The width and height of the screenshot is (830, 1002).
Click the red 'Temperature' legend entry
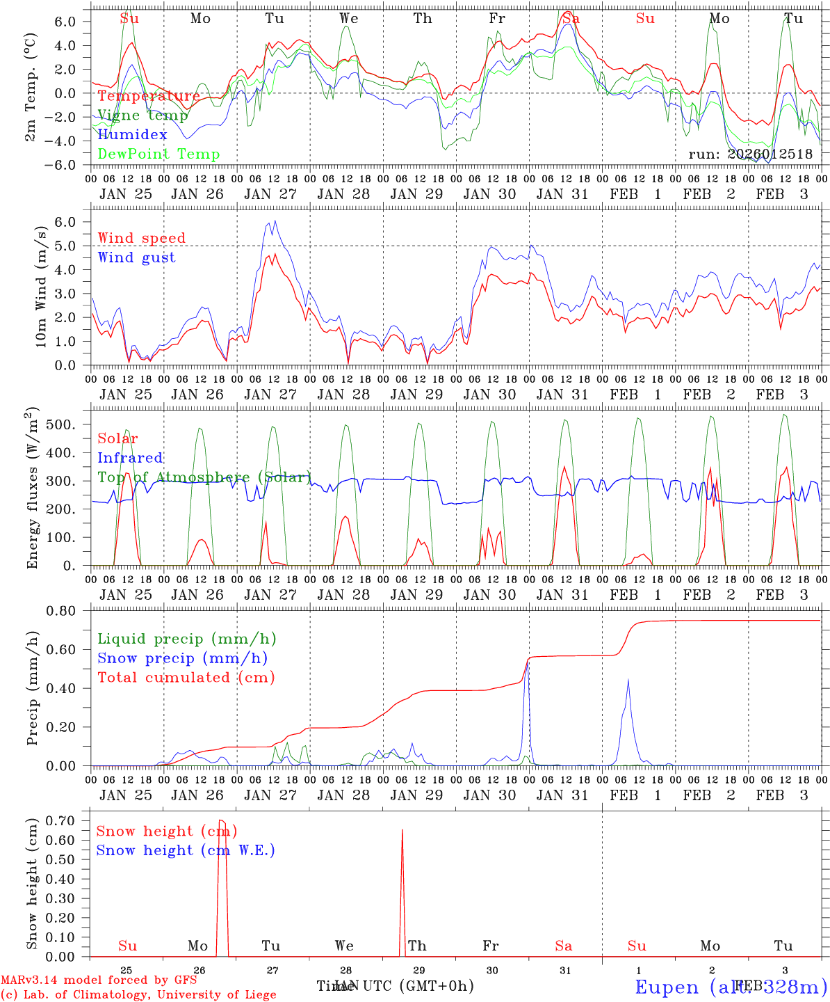pyautogui.click(x=149, y=96)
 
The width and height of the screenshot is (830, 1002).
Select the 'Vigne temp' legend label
pyautogui.click(x=143, y=116)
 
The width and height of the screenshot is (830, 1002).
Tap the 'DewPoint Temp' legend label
pyautogui.click(x=158, y=154)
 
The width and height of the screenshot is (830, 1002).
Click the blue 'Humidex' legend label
pyautogui.click(x=132, y=135)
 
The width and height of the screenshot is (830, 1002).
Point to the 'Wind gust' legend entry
pyautogui.click(x=136, y=257)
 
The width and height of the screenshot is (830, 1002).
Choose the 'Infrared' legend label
pyautogui.click(x=130, y=458)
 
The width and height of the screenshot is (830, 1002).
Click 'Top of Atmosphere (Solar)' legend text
pyautogui.click(x=204, y=477)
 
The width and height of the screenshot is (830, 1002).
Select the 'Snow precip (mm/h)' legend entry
pyautogui.click(x=182, y=658)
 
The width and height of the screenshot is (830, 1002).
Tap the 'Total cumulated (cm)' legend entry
pyautogui.click(x=186, y=677)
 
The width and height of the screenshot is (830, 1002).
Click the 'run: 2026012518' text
pyautogui.click(x=750, y=154)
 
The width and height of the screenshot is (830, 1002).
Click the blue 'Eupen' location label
pyautogui.click(x=667, y=987)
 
